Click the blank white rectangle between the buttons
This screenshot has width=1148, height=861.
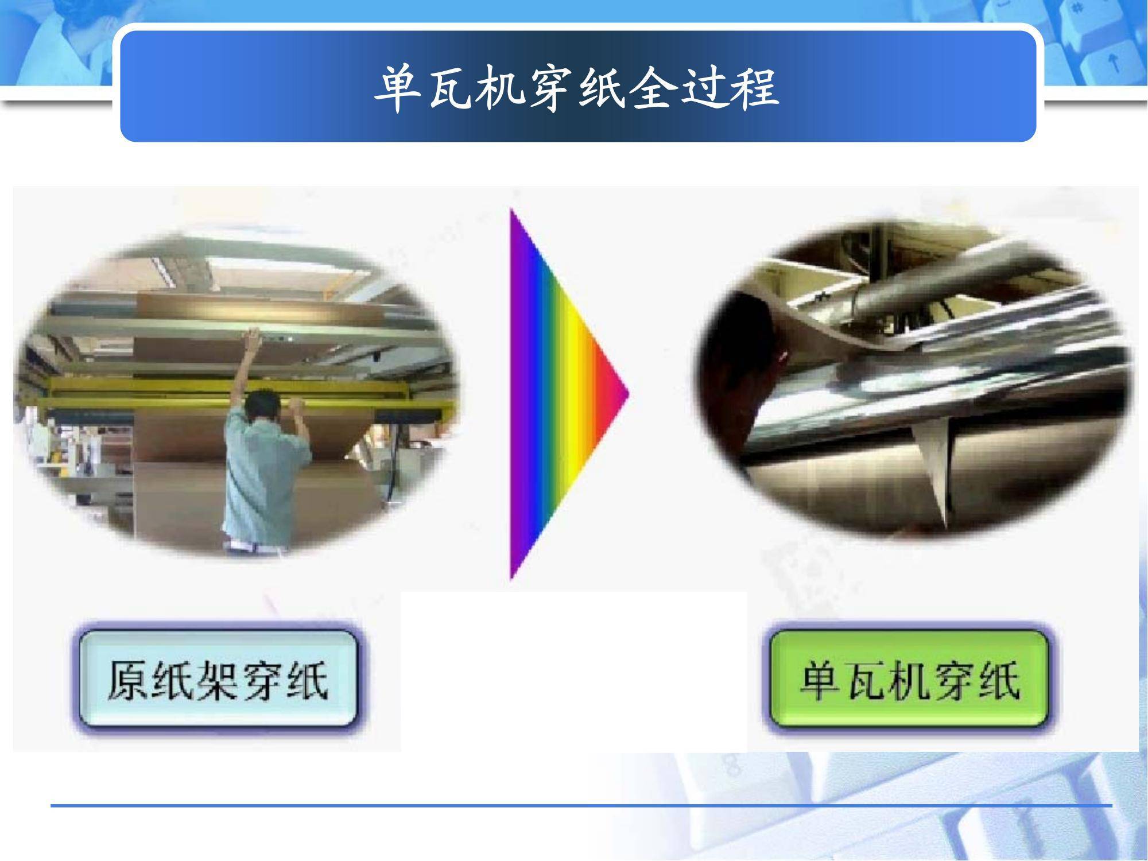point(574,671)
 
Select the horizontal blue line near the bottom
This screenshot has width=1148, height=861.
point(581,806)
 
